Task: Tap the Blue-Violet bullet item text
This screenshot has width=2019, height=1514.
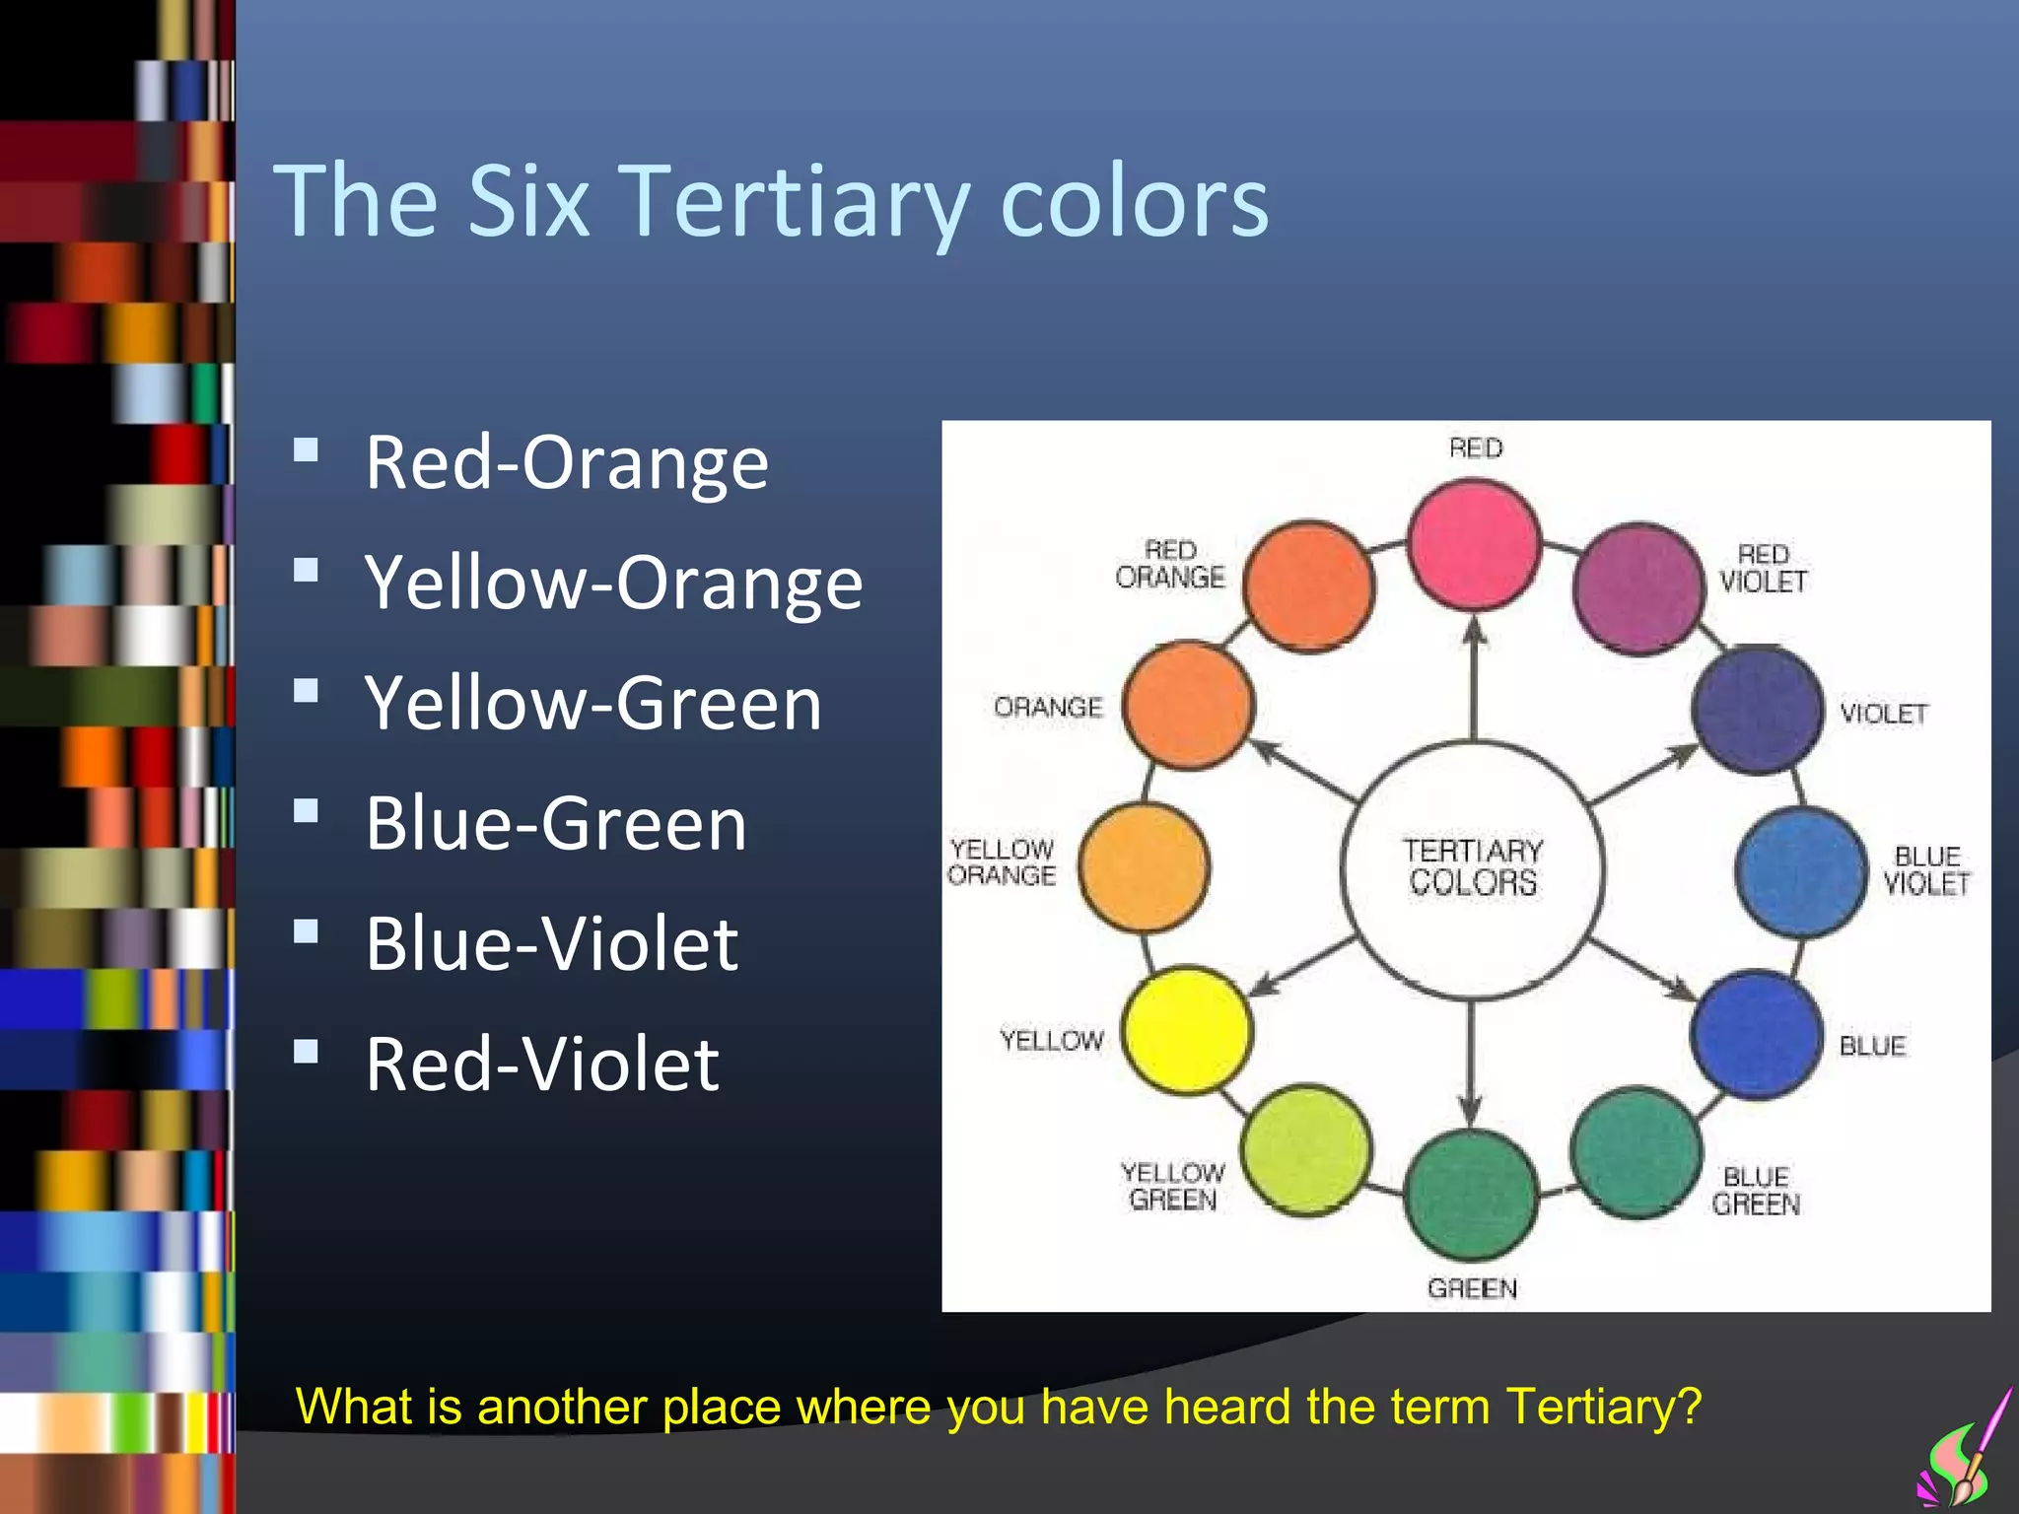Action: (551, 943)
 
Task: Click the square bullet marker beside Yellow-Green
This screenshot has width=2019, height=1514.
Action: (307, 691)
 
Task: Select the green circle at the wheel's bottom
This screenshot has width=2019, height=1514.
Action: (1470, 1194)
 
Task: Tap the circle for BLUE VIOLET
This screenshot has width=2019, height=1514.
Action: (1800, 871)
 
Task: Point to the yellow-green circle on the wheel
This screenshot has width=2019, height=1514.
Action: (1305, 1149)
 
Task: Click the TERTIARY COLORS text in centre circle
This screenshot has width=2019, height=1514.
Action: (1473, 866)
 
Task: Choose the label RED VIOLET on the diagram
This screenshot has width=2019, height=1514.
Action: (1763, 569)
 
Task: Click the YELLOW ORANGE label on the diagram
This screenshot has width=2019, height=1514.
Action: (1002, 862)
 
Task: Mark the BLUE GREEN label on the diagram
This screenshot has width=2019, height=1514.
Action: (1756, 1191)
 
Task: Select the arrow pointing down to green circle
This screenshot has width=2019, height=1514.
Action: (1471, 1065)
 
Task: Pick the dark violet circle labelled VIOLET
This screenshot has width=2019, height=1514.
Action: (1757, 710)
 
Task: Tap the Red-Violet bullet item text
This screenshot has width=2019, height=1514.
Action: (542, 1065)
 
